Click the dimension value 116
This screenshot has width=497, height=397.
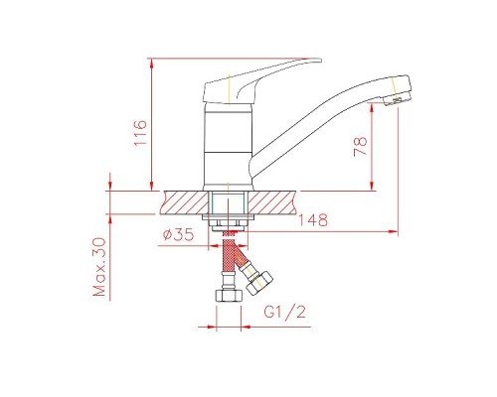click(x=140, y=133)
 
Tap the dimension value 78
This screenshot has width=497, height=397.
click(x=361, y=147)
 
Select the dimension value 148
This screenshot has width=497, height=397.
click(x=313, y=220)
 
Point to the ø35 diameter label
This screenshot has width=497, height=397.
click(x=178, y=234)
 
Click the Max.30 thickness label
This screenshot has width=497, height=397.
click(x=99, y=267)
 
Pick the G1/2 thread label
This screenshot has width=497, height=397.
click(x=285, y=312)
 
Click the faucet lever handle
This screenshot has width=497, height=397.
click(x=261, y=80)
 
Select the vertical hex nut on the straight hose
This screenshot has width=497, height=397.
click(x=228, y=296)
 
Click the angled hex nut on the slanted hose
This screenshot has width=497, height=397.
click(x=259, y=283)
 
